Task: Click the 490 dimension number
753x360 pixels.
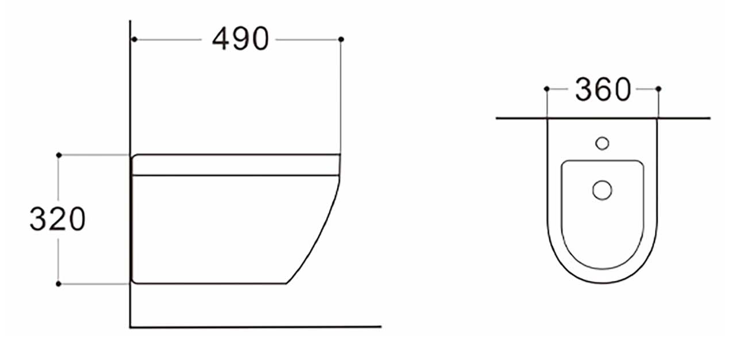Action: [240, 39]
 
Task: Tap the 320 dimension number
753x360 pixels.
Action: [57, 220]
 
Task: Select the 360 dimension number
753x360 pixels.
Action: [602, 89]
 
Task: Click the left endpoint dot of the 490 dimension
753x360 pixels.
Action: [134, 39]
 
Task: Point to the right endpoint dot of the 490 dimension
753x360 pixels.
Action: [341, 39]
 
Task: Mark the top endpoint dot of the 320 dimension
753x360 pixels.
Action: [58, 155]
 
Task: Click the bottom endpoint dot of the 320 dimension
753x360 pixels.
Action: [58, 283]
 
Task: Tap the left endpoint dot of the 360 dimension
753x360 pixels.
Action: [547, 89]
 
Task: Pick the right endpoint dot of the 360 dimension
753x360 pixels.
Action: [658, 89]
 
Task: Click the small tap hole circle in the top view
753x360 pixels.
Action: [602, 143]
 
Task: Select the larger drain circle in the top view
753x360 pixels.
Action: [602, 190]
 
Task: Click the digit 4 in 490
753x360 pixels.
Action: [221, 39]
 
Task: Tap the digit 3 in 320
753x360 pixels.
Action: [38, 220]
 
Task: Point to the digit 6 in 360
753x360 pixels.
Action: [602, 89]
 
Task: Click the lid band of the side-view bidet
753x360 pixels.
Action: [235, 165]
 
